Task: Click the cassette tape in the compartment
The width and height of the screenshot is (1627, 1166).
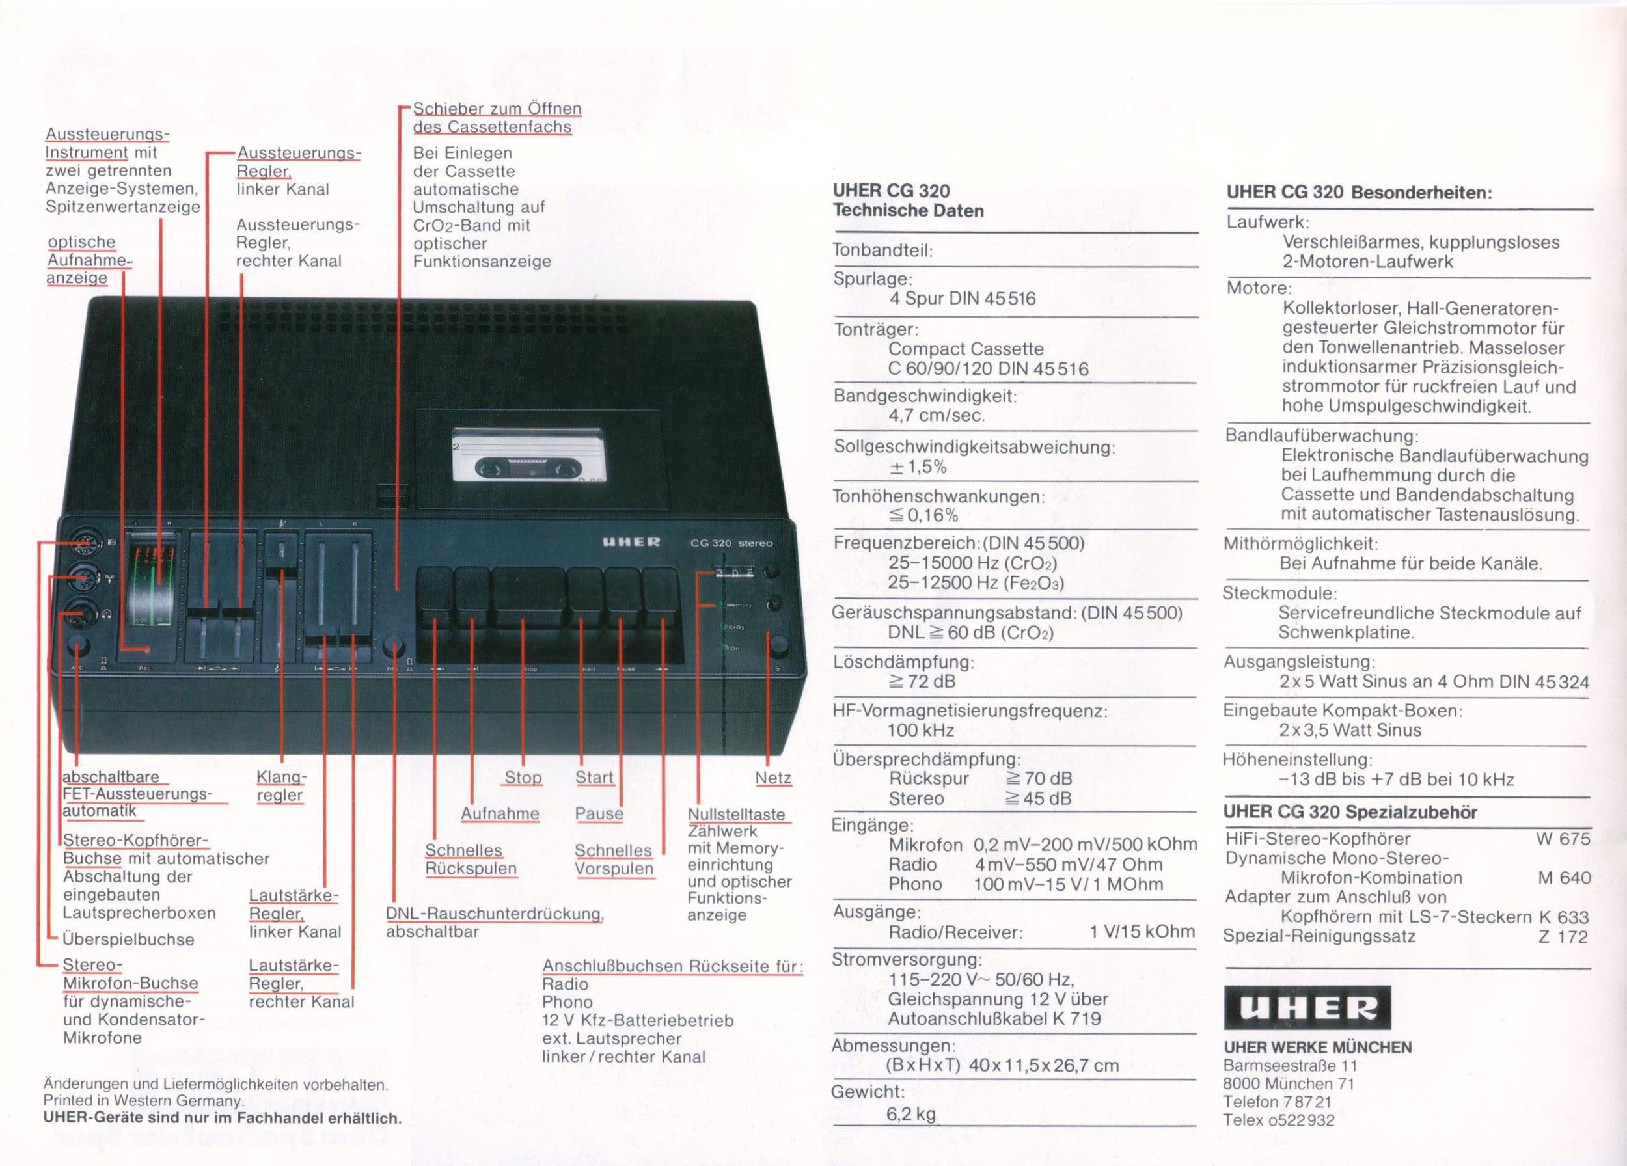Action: point(526,455)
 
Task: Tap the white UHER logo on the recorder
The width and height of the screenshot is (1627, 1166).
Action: point(631,542)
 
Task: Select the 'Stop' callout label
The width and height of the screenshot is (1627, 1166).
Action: point(523,778)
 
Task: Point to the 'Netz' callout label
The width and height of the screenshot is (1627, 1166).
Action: point(772,778)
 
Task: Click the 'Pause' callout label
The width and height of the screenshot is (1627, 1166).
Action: point(599,814)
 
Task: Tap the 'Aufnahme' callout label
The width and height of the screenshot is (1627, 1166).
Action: point(500,814)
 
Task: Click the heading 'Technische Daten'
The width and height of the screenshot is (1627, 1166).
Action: point(909,211)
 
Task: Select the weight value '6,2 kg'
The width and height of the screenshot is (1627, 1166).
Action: point(911,1115)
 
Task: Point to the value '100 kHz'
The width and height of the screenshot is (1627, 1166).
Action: point(921,731)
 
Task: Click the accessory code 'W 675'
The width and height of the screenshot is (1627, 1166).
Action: point(1563,838)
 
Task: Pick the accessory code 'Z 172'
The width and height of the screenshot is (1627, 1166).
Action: point(1563,936)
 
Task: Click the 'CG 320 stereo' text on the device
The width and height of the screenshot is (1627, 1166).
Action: point(731,543)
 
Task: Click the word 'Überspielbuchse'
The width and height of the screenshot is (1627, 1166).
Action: point(128,940)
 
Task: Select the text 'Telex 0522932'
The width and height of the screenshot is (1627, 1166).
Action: point(1279,1120)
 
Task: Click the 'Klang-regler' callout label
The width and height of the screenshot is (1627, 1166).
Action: point(280,786)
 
